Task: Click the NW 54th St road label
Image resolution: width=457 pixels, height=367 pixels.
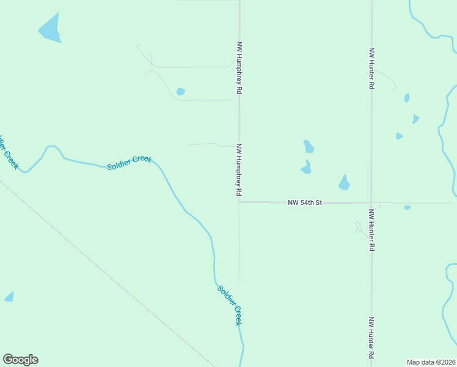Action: [304, 202]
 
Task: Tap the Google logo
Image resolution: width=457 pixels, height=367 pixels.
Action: [20, 360]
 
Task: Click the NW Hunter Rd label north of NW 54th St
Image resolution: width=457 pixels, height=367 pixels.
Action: [371, 69]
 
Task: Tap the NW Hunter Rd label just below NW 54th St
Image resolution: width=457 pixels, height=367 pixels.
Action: [371, 230]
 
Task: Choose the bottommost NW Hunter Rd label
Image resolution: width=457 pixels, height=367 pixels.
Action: [371, 338]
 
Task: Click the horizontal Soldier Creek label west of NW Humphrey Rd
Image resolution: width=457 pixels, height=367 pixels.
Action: [129, 163]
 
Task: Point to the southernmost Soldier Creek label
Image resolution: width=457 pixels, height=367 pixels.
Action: [229, 305]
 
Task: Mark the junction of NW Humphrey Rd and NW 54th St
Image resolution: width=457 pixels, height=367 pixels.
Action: [239, 202]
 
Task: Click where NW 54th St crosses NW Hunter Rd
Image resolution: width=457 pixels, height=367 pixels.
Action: [371, 202]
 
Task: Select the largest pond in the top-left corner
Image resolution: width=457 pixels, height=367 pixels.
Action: [51, 29]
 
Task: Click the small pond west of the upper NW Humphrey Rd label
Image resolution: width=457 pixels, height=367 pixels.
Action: [180, 92]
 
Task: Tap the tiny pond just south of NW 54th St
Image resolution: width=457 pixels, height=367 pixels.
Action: [407, 207]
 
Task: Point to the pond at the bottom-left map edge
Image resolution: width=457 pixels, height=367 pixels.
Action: [9, 297]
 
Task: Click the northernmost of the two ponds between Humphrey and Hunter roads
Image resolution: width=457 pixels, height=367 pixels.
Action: [309, 146]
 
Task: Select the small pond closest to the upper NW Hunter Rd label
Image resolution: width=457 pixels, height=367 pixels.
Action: [407, 97]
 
